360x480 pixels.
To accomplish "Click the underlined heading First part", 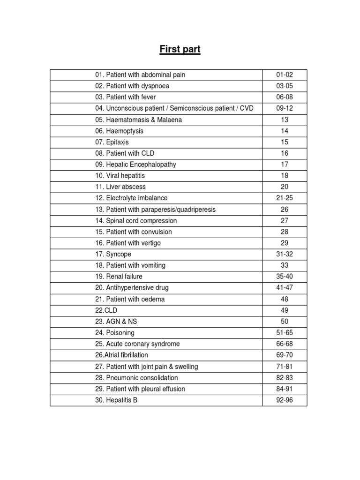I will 180,49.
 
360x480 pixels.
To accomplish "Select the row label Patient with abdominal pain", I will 143,75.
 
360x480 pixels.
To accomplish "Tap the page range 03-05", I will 285,86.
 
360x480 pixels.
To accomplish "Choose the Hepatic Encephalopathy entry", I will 135,165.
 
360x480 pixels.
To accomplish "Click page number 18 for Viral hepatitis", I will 285,176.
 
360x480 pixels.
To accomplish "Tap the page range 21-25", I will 285,198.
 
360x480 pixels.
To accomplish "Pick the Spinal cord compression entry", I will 136,221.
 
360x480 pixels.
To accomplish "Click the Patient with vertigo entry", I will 128,243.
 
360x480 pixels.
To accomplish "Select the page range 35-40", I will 285,277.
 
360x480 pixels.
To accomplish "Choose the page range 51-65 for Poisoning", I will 285,333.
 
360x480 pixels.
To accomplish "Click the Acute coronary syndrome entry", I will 137,344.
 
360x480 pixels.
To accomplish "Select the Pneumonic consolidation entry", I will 136,378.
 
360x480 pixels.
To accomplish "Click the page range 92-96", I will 285,400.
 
